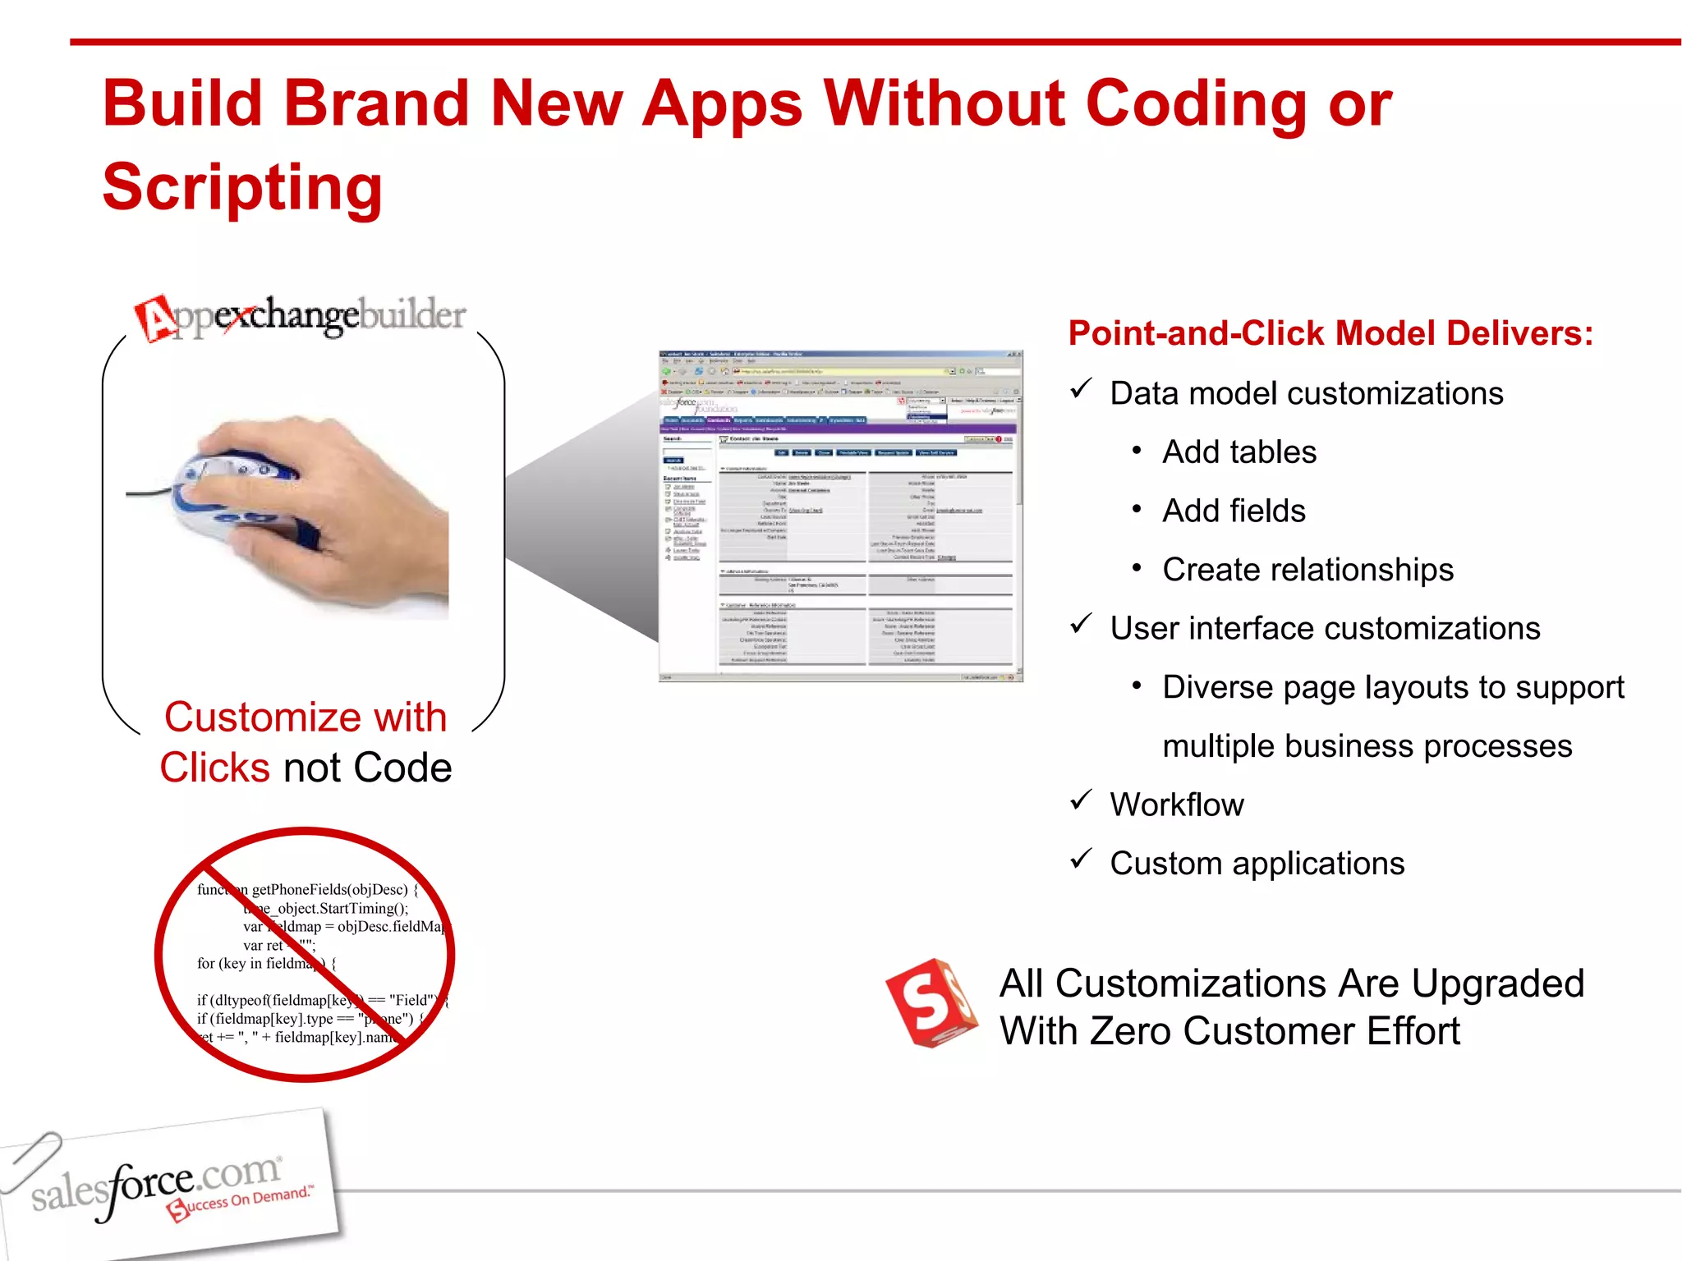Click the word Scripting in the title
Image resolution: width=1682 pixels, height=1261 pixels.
pos(242,187)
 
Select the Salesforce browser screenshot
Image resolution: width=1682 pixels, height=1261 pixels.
pos(840,516)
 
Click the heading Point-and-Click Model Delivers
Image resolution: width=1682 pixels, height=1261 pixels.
pos(1330,333)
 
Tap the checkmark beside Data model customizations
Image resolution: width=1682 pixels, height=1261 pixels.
pos(1081,388)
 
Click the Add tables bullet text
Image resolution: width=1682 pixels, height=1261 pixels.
pos(1239,452)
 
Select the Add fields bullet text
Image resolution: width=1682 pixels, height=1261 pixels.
pos(1234,511)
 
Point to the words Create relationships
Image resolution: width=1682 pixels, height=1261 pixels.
pos(1307,570)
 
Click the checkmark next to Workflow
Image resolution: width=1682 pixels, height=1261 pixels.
pos(1081,800)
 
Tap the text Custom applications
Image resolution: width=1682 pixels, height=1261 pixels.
pos(1257,864)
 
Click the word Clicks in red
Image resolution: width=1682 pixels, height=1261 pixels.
pos(214,768)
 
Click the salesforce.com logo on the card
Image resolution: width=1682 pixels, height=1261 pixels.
pos(156,1182)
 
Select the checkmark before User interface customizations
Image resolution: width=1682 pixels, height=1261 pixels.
pos(1081,624)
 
